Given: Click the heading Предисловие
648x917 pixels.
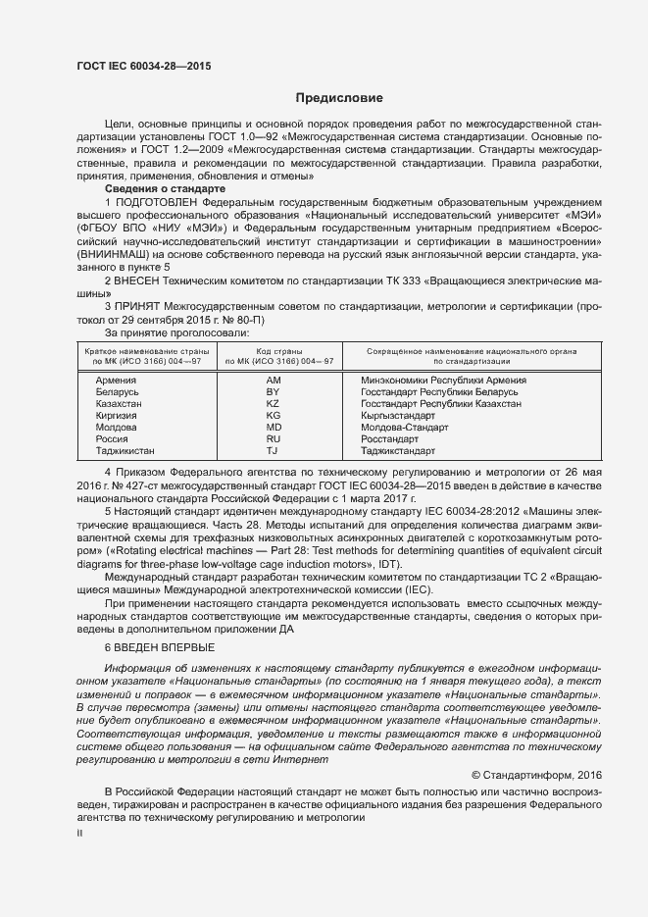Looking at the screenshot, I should (x=339, y=98).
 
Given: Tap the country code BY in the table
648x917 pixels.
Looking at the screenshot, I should (x=273, y=391).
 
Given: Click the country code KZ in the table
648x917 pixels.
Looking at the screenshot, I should (x=273, y=403).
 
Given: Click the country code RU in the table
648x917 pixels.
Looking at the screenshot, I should (x=273, y=439).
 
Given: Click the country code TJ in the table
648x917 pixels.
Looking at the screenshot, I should (x=273, y=451).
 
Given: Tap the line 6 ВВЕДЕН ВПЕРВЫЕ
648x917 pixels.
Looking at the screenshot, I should (x=154, y=649).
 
